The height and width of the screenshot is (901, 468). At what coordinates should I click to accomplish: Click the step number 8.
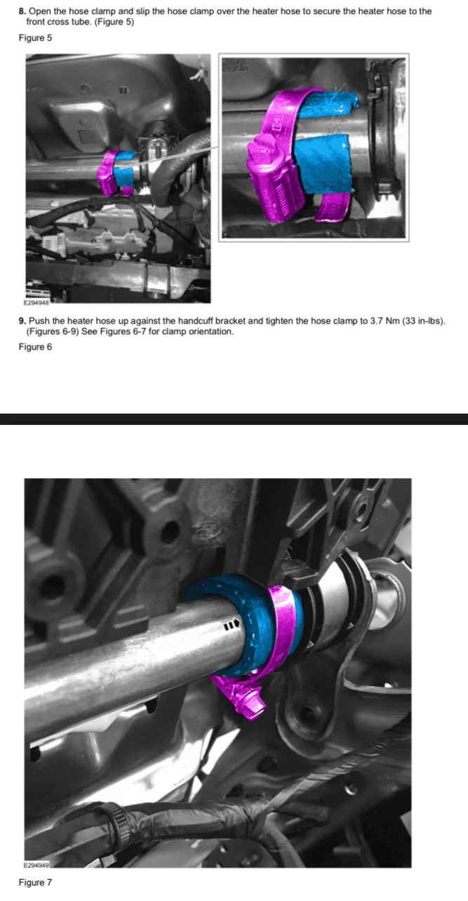point(22,11)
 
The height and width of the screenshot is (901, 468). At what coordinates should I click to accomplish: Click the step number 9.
point(22,321)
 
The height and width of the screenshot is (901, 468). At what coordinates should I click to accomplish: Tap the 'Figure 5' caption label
point(35,38)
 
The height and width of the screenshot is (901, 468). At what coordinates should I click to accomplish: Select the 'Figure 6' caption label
point(35,347)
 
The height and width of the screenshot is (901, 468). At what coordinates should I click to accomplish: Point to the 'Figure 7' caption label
point(35,882)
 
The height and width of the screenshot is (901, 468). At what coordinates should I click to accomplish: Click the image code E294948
point(36,303)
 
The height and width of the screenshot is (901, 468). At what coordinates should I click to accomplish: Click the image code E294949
point(36,864)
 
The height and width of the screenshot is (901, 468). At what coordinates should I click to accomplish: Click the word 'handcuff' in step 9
point(196,321)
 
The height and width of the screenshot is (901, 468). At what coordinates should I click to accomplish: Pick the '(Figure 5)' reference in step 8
point(114,22)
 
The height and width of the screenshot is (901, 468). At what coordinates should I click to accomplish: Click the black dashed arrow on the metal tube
point(232,625)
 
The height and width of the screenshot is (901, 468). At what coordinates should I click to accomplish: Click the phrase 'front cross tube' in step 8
point(59,22)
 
